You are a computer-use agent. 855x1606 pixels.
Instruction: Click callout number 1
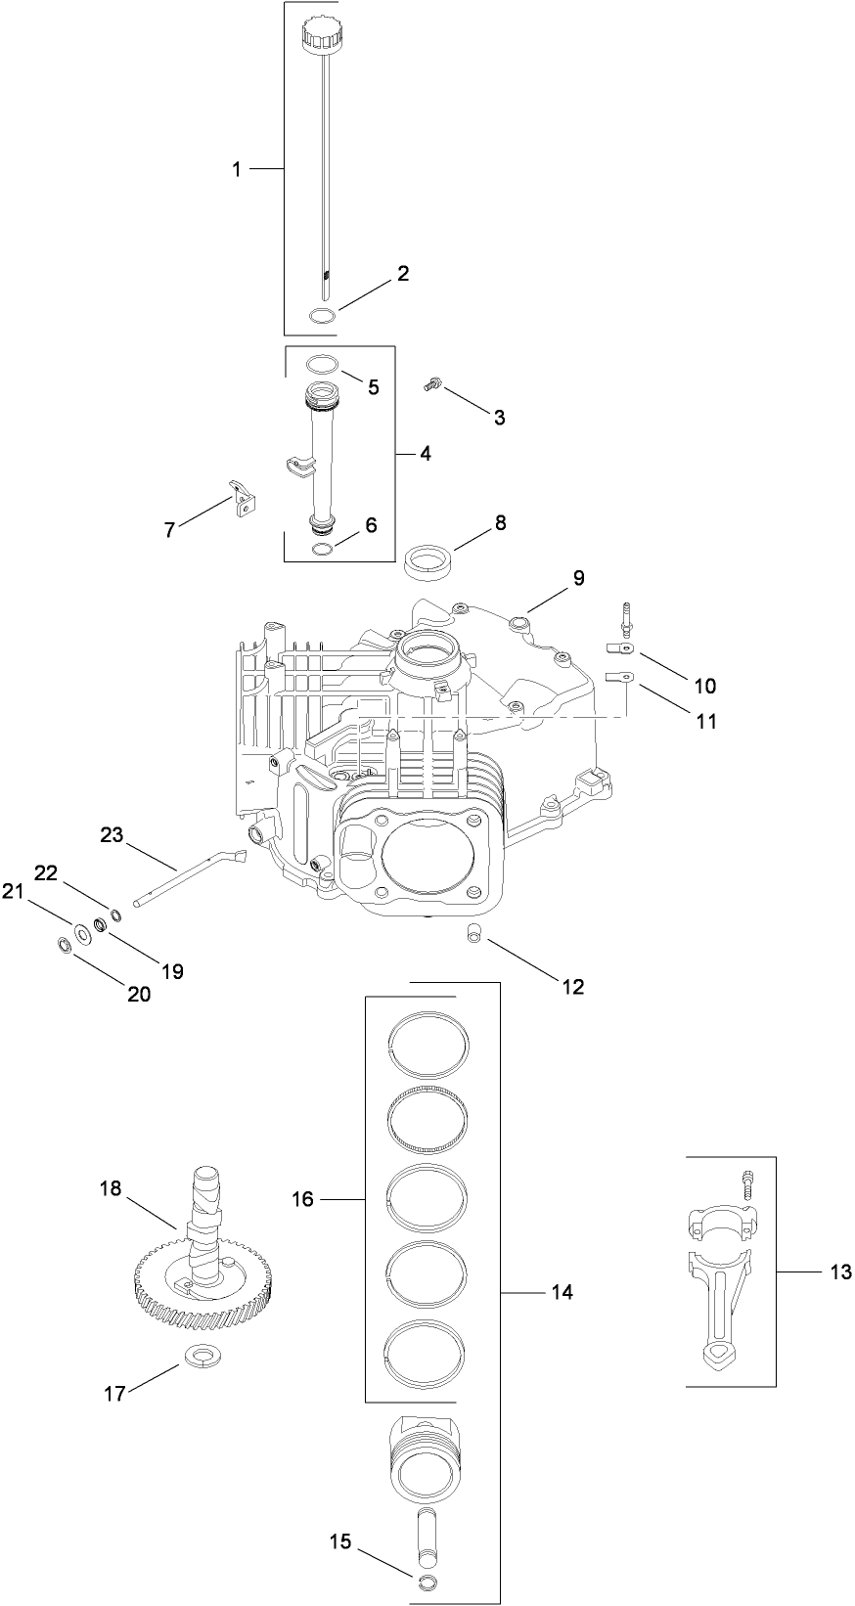point(236,170)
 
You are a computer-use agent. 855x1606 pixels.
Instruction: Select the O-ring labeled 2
point(322,314)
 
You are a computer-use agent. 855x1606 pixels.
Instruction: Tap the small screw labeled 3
point(431,386)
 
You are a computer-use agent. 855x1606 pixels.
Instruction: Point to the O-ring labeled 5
point(322,364)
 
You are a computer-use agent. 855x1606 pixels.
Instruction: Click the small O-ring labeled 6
point(323,549)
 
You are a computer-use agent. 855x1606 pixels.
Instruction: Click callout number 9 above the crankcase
point(578,578)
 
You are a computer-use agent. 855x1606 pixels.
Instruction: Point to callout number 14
point(561,1293)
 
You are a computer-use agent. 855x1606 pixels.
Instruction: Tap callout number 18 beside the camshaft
point(111,1188)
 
